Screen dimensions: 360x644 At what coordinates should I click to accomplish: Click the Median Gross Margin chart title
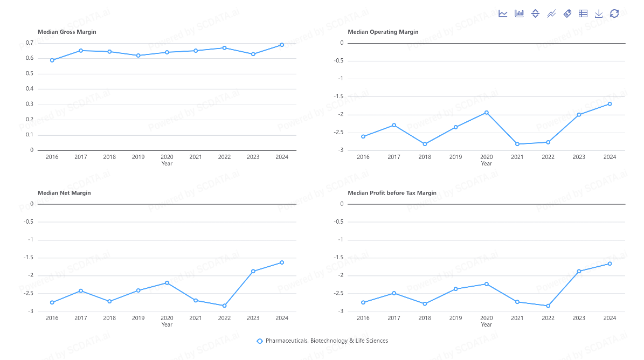(x=67, y=32)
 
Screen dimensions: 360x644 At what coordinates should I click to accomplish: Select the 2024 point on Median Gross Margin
(x=282, y=45)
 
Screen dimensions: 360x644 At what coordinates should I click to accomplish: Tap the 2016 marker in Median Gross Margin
(x=52, y=60)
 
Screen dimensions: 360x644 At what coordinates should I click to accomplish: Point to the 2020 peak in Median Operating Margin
(x=487, y=113)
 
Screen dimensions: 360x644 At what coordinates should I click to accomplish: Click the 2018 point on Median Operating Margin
(x=425, y=144)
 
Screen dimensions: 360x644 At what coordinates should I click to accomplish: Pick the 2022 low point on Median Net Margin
(x=224, y=306)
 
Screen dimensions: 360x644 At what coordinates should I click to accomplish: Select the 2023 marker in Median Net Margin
(x=253, y=271)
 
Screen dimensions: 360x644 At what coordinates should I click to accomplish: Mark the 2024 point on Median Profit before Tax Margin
(x=610, y=264)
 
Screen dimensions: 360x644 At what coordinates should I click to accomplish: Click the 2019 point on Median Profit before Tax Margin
(x=455, y=289)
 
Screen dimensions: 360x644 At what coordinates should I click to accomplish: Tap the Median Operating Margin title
(x=383, y=32)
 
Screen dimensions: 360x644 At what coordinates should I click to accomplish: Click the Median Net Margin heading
(x=64, y=193)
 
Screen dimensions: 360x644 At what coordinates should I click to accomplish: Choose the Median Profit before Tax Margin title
(x=392, y=193)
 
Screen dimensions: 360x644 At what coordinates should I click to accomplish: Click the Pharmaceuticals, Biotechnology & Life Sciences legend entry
(x=322, y=341)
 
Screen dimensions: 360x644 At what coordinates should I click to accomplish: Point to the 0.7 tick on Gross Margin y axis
(x=30, y=43)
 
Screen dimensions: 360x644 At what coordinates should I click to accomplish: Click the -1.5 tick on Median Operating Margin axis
(x=339, y=96)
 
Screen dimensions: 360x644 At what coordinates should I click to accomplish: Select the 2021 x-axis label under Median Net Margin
(x=196, y=318)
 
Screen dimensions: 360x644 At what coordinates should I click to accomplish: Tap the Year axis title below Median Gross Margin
(x=167, y=163)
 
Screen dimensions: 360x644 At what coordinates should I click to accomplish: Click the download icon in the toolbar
(x=599, y=13)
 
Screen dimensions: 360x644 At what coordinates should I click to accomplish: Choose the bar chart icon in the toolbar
(x=519, y=13)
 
